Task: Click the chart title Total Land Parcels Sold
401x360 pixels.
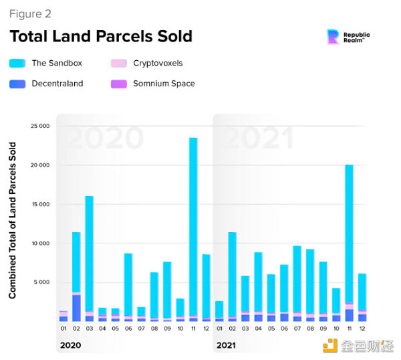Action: [x=100, y=36]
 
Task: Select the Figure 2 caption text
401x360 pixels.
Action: [x=29, y=13]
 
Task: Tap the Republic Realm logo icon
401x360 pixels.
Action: [x=332, y=37]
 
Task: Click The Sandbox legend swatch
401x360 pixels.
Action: [x=18, y=64]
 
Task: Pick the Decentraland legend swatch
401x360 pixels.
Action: [x=18, y=84]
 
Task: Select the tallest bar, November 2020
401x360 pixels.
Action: [x=193, y=228]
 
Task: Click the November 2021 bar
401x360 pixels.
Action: [x=349, y=241]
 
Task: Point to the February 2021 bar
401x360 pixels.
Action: [x=232, y=274]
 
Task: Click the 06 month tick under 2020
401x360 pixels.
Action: [x=128, y=329]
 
